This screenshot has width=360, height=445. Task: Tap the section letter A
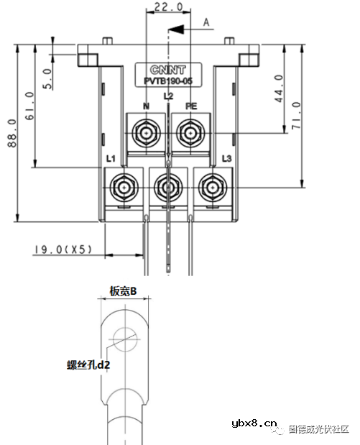click(206, 22)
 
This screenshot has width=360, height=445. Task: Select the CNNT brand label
click(168, 70)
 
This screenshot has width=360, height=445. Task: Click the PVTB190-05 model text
click(168, 81)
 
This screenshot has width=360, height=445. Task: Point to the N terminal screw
click(147, 132)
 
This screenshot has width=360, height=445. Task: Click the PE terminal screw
click(190, 132)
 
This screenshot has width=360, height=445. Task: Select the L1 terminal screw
click(125, 186)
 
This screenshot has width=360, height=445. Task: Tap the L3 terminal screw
click(211, 186)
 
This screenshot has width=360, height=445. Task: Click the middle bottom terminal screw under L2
click(168, 187)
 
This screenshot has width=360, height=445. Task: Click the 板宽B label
click(123, 290)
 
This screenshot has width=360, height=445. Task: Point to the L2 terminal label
click(168, 96)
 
